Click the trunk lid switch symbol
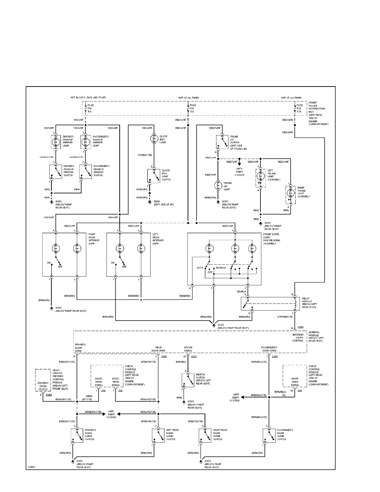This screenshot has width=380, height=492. coord(219,142)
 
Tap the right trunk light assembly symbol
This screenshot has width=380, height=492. coord(291,194)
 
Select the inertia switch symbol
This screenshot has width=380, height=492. coord(188,381)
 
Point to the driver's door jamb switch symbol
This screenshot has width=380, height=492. coord(77,435)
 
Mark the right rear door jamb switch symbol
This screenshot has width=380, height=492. coord(204,435)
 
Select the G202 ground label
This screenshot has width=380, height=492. coord(157,202)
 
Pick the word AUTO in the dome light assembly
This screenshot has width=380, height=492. coord(200,268)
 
